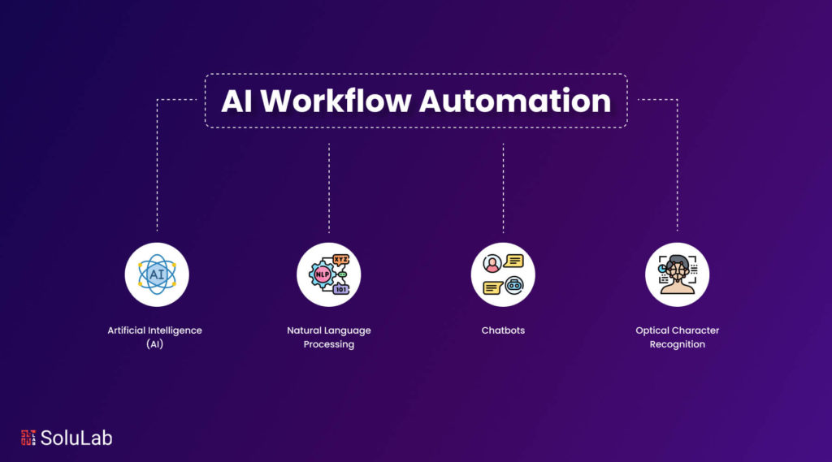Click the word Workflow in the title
tap(336, 100)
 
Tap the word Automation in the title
tap(515, 100)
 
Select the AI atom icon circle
tap(157, 274)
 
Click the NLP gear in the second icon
tap(322, 274)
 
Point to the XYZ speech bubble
tap(340, 260)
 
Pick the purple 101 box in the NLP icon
tap(340, 289)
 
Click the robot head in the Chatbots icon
tap(513, 286)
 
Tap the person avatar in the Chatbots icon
tap(492, 264)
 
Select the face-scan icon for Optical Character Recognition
tap(677, 274)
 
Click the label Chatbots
tap(503, 330)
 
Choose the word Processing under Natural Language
tap(329, 344)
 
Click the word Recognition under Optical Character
tap(677, 344)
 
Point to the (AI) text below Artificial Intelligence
tap(155, 344)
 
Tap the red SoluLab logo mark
tap(28, 438)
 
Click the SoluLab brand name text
tap(76, 438)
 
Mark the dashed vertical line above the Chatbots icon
tap(503, 188)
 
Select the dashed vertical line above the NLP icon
tap(329, 188)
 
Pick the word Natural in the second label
tap(304, 330)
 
